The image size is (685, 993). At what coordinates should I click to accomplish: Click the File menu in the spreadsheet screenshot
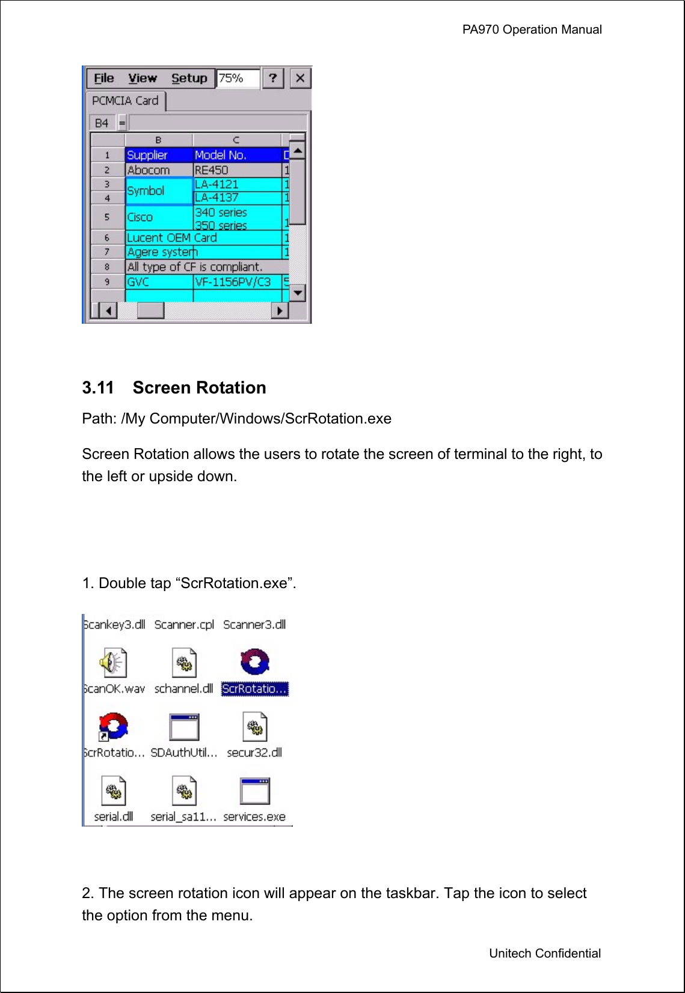click(103, 78)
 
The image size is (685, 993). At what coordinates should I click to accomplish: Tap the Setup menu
click(189, 78)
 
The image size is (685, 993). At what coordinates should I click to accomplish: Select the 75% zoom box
click(237, 78)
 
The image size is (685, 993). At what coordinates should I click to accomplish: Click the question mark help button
click(272, 78)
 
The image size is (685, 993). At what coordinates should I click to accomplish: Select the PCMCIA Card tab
click(125, 101)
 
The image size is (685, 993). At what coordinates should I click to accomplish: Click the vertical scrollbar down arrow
click(298, 293)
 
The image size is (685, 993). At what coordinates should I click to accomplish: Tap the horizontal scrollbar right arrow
click(280, 311)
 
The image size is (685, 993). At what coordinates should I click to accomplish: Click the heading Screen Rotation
click(199, 387)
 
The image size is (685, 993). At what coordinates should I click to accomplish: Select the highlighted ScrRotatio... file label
click(254, 689)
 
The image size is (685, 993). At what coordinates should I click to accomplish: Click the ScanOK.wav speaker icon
click(112, 663)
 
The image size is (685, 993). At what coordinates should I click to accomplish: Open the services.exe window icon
click(254, 791)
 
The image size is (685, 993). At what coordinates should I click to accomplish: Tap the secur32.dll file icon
click(254, 727)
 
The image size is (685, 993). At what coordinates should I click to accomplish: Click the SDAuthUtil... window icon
click(184, 727)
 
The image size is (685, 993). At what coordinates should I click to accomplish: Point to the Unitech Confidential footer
click(544, 953)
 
